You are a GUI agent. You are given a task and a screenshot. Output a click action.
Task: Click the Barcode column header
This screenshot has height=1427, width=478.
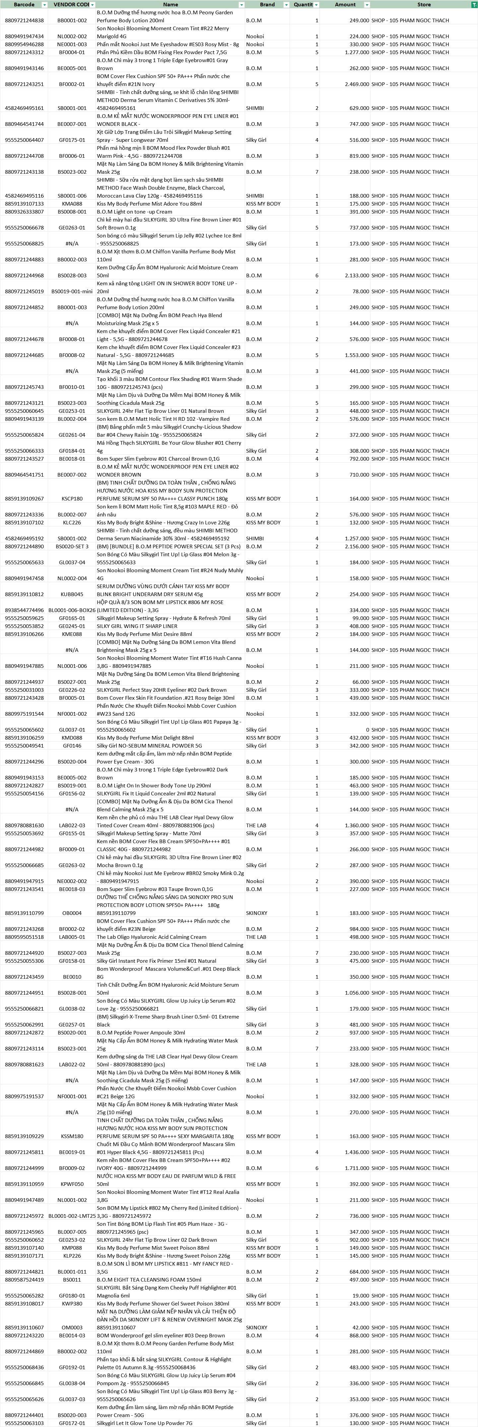[24, 4]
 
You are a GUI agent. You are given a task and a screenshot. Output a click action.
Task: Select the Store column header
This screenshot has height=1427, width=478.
[424, 4]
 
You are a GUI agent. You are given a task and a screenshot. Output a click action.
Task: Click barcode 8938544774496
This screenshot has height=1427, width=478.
[24, 610]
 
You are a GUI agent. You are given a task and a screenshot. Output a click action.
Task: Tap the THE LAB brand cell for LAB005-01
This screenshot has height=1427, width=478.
[256, 937]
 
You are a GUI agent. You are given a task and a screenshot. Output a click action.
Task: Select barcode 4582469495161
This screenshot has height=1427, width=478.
[24, 108]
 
